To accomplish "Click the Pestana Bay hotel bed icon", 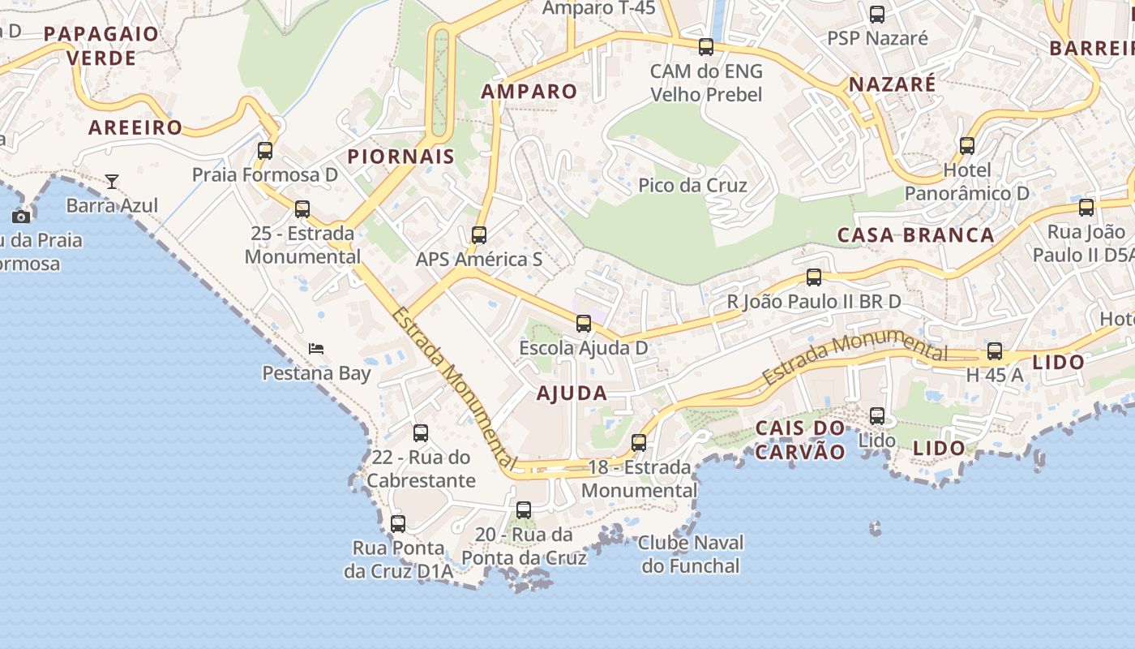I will tap(316, 349).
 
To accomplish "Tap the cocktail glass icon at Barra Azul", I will tap(112, 181).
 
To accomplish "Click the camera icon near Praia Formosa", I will tap(21, 217).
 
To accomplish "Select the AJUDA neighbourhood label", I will tap(572, 393).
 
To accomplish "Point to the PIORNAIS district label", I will tap(401, 157).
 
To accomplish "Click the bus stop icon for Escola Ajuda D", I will tap(584, 324).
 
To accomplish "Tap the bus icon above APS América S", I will tap(479, 235).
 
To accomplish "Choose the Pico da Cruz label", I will tap(692, 185).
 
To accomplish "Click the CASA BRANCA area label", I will tap(915, 235).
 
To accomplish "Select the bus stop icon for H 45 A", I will tap(995, 351).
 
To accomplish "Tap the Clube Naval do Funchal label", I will tap(691, 554).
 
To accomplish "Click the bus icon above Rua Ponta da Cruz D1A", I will tap(398, 523).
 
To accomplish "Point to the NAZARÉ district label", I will tap(892, 84).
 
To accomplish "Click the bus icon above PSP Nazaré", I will tap(877, 14).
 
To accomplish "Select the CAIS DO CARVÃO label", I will tap(800, 440).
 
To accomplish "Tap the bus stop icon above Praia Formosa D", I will tap(265, 150).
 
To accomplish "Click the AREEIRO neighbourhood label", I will tap(135, 127).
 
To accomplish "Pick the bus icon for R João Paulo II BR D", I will tap(814, 277).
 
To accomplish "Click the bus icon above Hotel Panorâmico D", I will tap(967, 146).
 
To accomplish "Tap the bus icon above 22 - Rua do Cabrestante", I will tap(421, 432).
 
